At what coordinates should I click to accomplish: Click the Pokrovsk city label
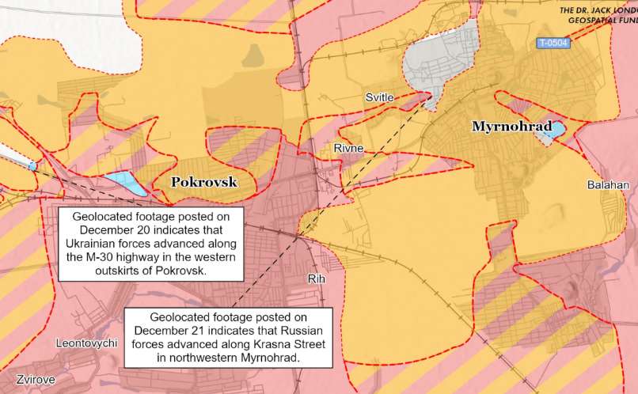[x=204, y=182]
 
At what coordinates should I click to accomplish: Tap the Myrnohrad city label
[x=511, y=126]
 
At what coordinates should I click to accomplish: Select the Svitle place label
[x=380, y=97]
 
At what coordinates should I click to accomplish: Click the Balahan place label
[x=607, y=185]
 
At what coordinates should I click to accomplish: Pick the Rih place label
[x=316, y=278]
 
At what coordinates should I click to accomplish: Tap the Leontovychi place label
[x=87, y=343]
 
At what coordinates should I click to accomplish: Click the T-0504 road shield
[x=553, y=44]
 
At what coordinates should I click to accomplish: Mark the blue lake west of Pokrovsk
[x=125, y=184]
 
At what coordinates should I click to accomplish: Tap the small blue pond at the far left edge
[x=32, y=166]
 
